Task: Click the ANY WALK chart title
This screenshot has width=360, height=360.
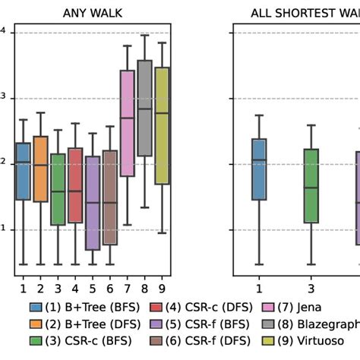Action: point(93,12)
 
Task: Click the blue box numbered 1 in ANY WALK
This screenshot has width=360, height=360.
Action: point(23,171)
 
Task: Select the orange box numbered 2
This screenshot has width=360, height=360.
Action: point(40,169)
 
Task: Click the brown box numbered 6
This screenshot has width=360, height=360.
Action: point(110,197)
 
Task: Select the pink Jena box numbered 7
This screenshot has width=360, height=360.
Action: point(128,123)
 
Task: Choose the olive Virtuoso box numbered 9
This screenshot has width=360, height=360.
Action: point(162,125)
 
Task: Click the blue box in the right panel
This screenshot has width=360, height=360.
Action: point(259,169)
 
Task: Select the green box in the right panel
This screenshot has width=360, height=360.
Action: point(311,185)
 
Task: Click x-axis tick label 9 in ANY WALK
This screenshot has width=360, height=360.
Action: point(162,288)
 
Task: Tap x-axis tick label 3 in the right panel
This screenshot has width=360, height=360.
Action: point(311,288)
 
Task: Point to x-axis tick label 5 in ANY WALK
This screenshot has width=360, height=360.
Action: point(93,288)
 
